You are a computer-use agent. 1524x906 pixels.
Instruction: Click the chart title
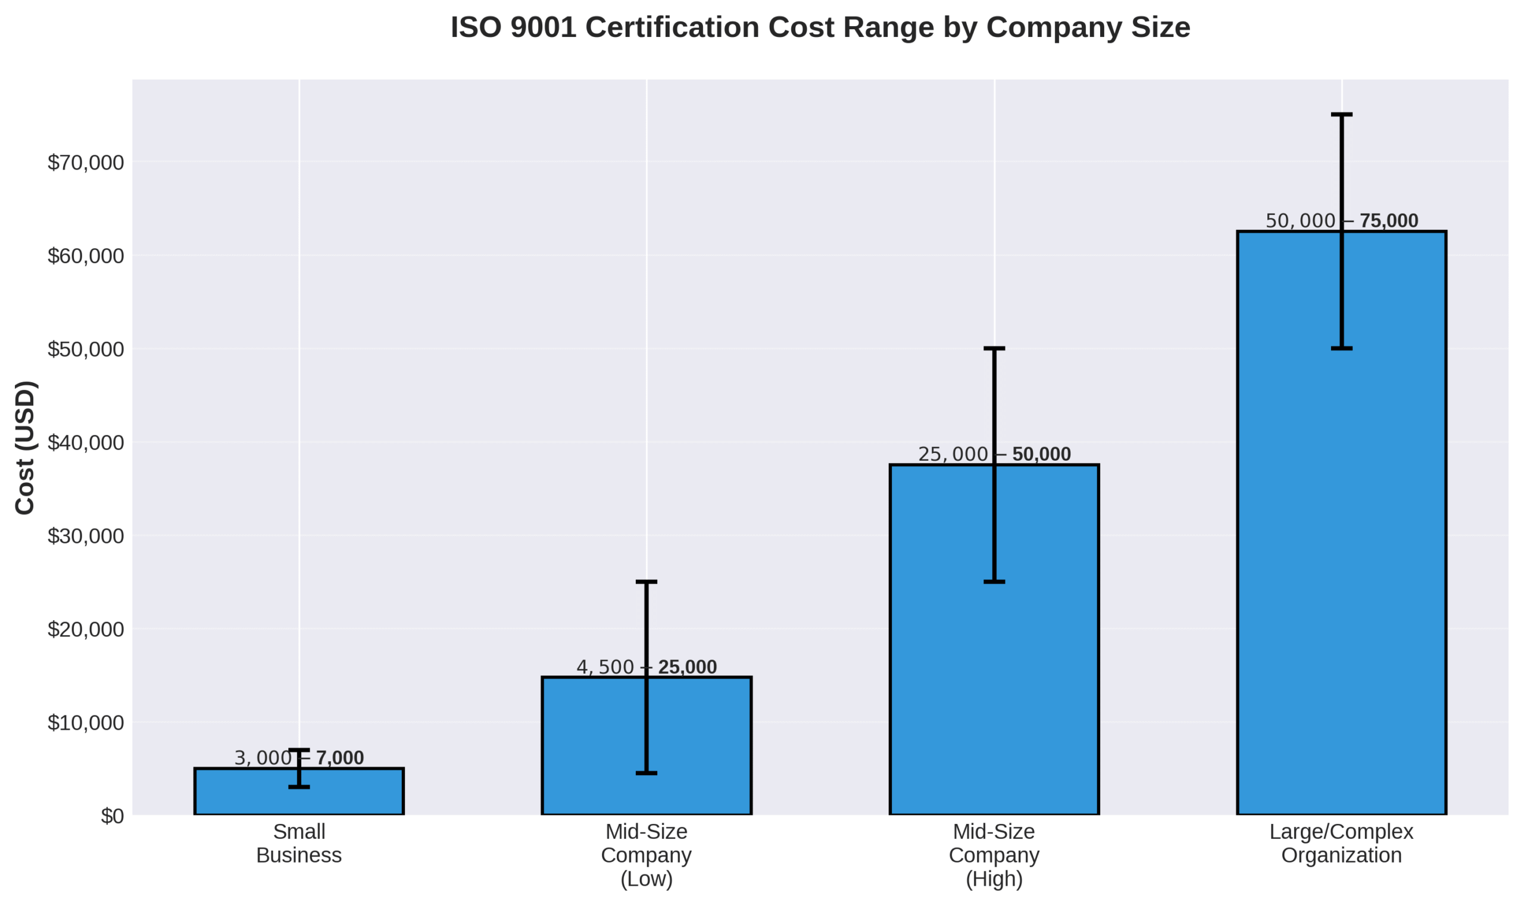point(820,27)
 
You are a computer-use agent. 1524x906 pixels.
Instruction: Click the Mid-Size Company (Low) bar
point(586,751)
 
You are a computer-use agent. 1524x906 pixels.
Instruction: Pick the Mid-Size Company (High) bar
point(934,671)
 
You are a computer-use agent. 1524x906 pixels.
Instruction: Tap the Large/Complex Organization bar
point(1282,549)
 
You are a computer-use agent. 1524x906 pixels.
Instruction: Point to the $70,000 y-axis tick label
point(86,163)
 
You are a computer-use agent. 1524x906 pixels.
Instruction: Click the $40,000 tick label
point(86,443)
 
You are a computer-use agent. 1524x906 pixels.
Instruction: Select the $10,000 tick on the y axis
point(86,723)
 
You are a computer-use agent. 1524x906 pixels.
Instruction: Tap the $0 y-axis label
point(113,816)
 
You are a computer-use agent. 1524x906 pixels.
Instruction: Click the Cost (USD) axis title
point(25,448)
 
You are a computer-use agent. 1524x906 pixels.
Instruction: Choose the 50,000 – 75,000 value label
point(1341,220)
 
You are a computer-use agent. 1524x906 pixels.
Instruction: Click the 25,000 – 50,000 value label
point(994,454)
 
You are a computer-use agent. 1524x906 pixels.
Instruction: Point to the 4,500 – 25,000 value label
point(646,667)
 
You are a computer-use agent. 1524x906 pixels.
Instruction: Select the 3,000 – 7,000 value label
point(299,758)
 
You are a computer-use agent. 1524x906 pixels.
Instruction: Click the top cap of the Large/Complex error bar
point(1341,114)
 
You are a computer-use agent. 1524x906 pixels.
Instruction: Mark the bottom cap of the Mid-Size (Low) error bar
point(646,773)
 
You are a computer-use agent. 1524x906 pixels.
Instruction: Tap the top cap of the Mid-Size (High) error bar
point(994,348)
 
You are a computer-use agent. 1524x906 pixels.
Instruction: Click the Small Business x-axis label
point(299,843)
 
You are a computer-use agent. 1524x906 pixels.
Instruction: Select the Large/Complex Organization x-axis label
point(1341,843)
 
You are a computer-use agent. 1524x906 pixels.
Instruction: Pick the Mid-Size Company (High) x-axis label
point(994,855)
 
